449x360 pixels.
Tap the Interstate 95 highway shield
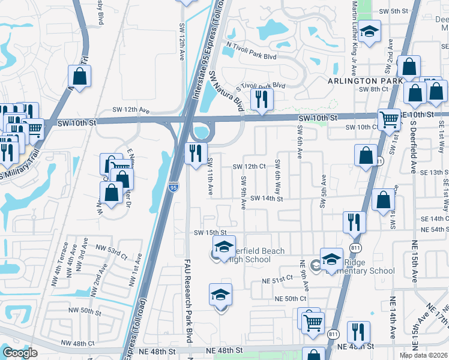coord(173,188)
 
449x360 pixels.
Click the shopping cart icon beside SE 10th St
coord(390,121)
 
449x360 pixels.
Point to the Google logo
coord(20,353)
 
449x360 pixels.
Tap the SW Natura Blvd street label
coord(228,91)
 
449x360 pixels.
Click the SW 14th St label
coord(266,198)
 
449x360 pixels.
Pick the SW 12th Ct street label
coord(249,166)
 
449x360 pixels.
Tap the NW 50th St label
coord(84,311)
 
